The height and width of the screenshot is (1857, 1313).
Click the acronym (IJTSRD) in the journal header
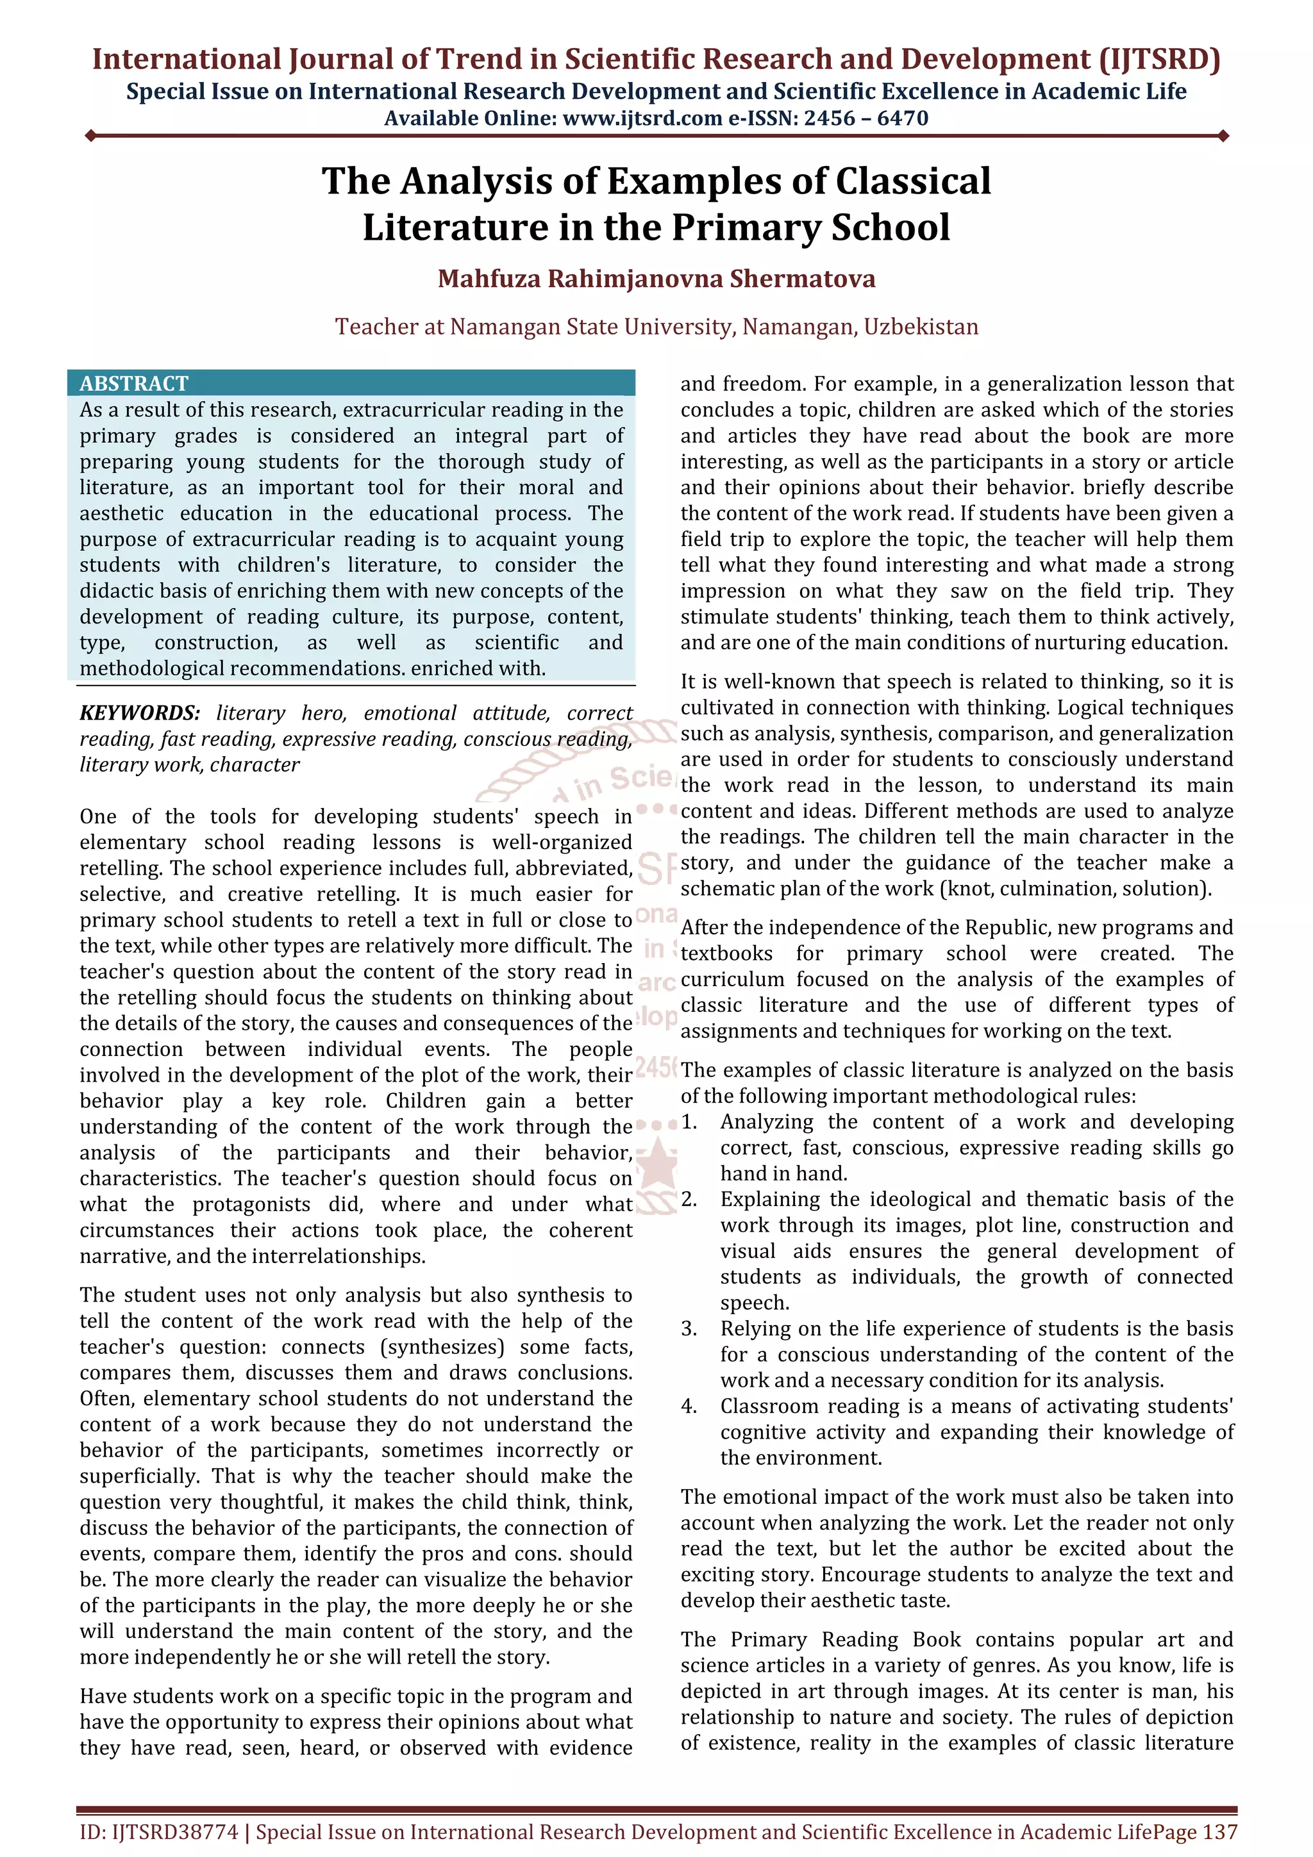coord(1158,60)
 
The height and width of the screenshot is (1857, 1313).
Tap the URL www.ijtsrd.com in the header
coord(642,119)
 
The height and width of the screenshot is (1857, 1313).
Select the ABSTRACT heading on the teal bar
coord(133,383)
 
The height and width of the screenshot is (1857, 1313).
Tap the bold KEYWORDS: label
coord(139,713)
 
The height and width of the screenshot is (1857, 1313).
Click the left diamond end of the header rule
coord(90,136)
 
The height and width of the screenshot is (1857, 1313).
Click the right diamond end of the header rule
coord(1223,136)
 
